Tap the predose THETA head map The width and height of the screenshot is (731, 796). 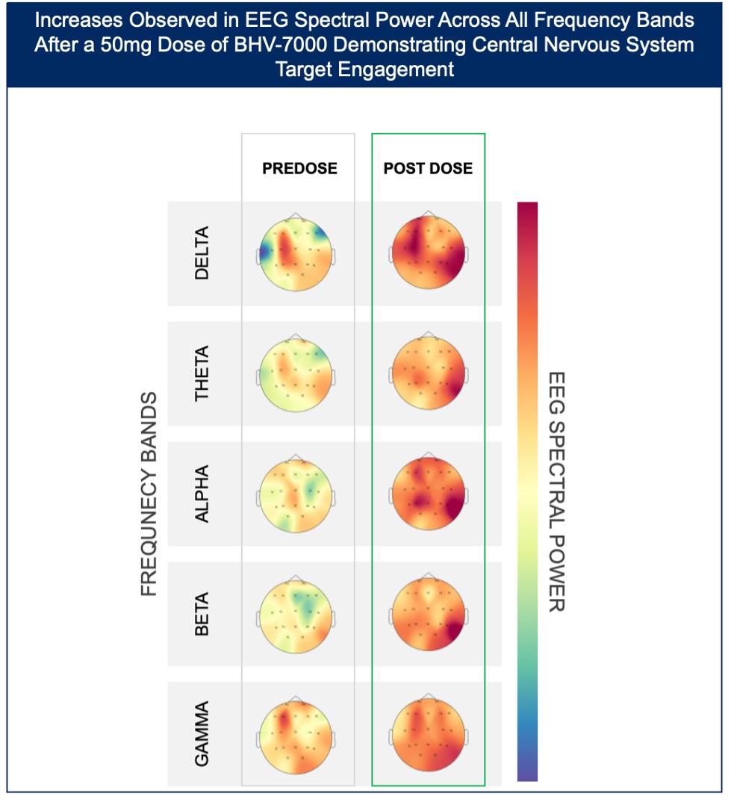(296, 373)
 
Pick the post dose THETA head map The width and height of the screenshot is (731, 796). (428, 373)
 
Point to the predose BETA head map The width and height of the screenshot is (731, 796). (296, 615)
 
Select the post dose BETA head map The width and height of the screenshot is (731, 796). (428, 615)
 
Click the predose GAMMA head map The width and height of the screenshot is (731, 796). (296, 735)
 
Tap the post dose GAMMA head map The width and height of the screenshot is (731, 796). (428, 735)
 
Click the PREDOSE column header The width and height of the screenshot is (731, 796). (299, 169)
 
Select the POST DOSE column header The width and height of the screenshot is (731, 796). (428, 169)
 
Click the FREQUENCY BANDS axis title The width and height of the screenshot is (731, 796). (149, 494)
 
